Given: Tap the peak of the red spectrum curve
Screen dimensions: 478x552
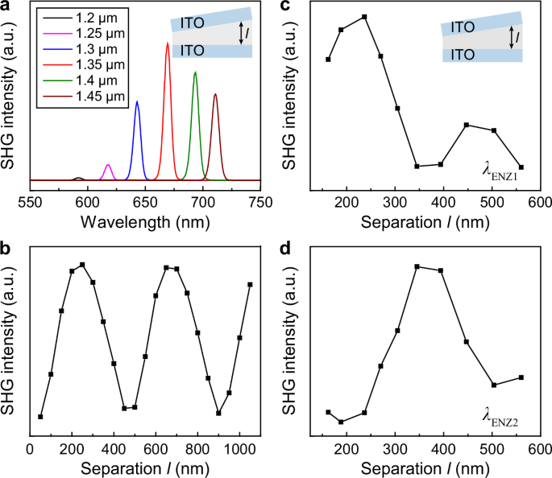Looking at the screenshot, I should (x=168, y=43).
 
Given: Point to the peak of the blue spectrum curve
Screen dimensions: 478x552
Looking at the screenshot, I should (x=137, y=101).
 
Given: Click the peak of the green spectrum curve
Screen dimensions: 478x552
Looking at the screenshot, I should (x=195, y=72).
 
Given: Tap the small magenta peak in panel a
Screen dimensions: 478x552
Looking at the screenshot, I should (x=108, y=165).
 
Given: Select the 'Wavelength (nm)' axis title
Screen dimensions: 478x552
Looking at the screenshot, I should (x=145, y=220).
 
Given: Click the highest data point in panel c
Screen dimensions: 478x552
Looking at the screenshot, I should (x=365, y=17).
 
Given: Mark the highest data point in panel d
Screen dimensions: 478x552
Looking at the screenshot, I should (x=417, y=266).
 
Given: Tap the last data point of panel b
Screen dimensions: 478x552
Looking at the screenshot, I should (x=251, y=284).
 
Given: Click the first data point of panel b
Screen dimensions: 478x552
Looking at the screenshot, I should (x=40, y=416).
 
